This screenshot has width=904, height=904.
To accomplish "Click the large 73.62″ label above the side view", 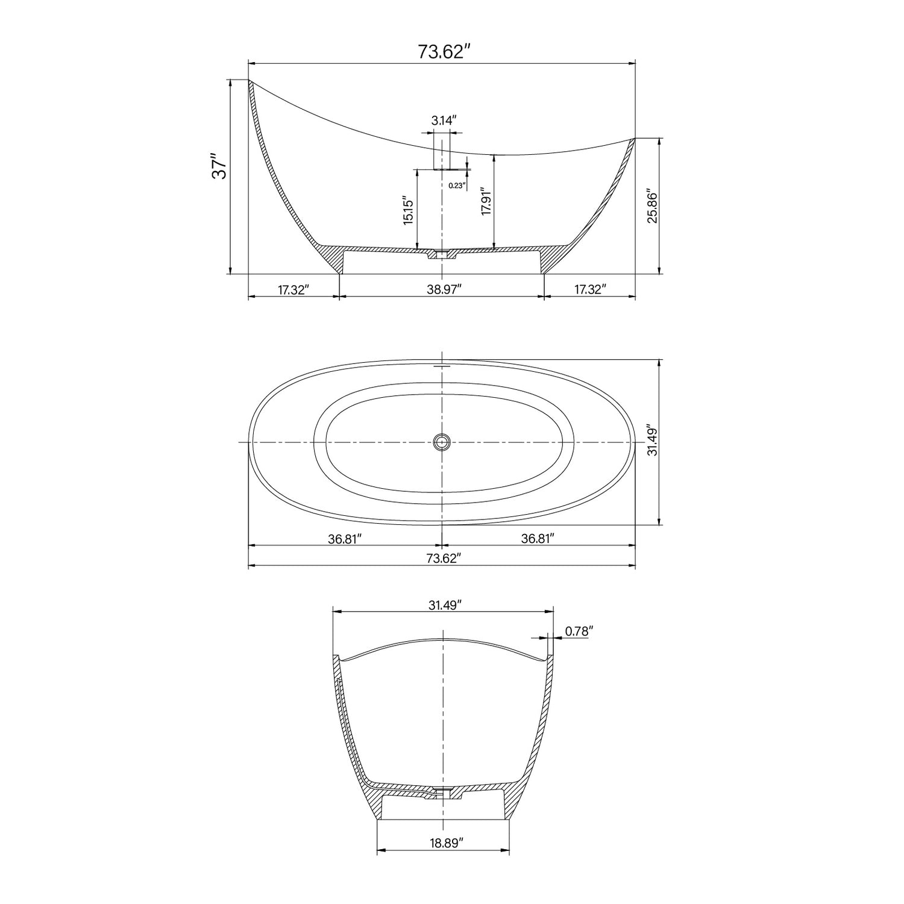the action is point(444,52).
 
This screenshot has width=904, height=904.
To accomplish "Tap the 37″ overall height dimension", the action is point(219,169).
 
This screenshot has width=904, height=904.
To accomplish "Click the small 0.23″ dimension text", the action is point(457,186).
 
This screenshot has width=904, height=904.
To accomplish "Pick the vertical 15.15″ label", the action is point(409,210).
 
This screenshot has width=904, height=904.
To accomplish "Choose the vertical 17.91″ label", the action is point(486,201).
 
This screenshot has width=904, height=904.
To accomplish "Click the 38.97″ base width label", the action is point(444,290).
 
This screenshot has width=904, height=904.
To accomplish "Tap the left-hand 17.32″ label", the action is point(293,290).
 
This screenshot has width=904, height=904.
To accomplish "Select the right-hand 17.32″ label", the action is point(589,290).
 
